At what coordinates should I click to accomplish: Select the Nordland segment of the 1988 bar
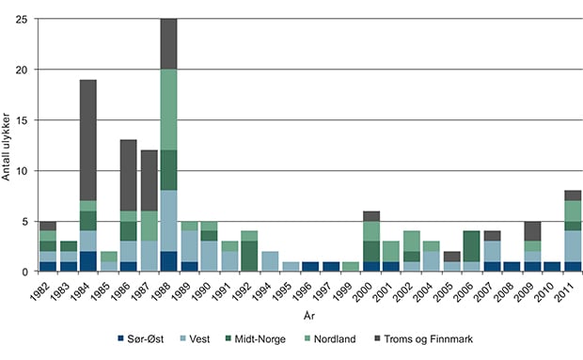pyautogui.click(x=168, y=110)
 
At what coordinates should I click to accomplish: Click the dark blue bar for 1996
pyautogui.click(x=311, y=267)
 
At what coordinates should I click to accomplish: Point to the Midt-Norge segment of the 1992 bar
pyautogui.click(x=249, y=257)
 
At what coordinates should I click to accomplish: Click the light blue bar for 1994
pyautogui.click(x=270, y=261)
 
